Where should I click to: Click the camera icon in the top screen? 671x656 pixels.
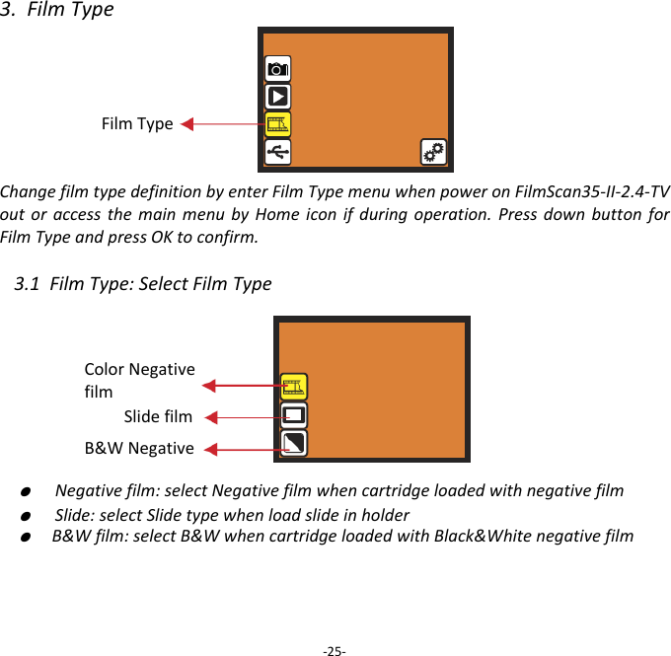click(278, 68)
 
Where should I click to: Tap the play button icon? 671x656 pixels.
click(278, 96)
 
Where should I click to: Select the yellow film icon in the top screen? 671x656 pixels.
click(278, 123)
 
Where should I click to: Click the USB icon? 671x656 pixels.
click(278, 151)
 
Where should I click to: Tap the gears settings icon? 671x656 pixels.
click(433, 151)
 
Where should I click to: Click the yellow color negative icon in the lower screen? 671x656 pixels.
click(293, 387)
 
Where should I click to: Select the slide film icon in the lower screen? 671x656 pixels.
click(293, 415)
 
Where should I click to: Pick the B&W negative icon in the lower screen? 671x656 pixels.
click(293, 444)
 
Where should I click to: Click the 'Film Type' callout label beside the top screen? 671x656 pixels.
click(137, 124)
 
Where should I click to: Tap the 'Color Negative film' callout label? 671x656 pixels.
click(139, 380)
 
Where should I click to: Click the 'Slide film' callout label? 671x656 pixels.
click(158, 417)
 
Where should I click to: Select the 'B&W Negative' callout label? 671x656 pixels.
click(139, 449)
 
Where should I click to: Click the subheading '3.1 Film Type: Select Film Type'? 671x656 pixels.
click(144, 285)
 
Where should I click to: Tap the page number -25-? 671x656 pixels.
click(335, 651)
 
